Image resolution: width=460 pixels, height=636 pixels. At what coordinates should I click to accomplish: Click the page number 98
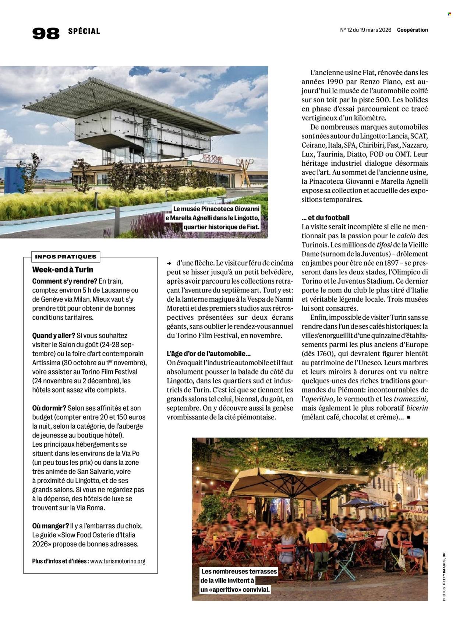click(x=46, y=33)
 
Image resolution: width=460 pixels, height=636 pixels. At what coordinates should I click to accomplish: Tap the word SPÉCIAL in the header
click(x=84, y=31)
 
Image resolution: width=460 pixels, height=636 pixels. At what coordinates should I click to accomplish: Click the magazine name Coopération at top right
click(x=412, y=30)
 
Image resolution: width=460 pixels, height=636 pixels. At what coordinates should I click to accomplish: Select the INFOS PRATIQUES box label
click(x=66, y=257)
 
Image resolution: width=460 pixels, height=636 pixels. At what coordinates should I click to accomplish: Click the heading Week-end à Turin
click(x=63, y=270)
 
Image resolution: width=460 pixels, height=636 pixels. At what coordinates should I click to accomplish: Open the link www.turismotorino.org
click(x=118, y=561)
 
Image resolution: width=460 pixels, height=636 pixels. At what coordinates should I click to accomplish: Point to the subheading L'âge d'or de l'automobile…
click(x=209, y=354)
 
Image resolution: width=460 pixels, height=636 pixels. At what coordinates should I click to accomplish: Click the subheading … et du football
click(x=325, y=218)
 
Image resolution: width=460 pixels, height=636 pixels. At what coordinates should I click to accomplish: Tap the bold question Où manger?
click(x=50, y=526)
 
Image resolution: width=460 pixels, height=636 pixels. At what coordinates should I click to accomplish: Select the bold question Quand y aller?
click(x=54, y=335)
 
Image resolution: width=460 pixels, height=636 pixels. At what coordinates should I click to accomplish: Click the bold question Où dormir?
click(x=49, y=408)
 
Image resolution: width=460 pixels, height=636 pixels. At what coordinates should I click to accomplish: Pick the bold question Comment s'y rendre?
click(x=65, y=281)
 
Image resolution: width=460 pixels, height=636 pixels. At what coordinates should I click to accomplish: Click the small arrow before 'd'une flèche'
click(x=169, y=263)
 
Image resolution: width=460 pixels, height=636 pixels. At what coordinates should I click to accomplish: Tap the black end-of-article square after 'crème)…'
click(x=408, y=418)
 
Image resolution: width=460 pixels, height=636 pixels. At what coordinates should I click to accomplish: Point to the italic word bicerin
click(x=417, y=408)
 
